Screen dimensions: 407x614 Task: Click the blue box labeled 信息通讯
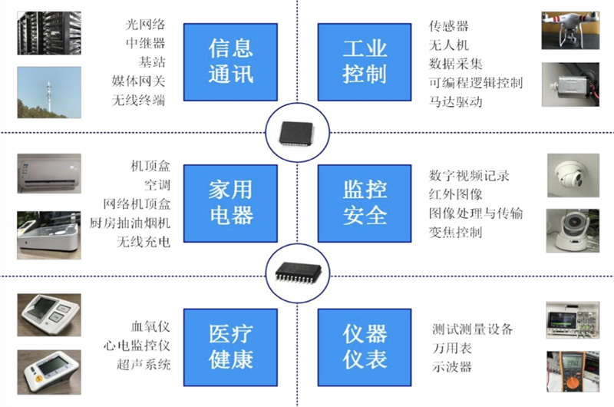231,61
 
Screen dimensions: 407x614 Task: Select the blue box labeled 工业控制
365,61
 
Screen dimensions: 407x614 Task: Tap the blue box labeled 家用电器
231,202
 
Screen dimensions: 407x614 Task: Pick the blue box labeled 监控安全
365,202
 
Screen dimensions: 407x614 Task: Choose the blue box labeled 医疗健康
231,346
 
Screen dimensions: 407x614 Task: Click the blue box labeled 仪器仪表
365,346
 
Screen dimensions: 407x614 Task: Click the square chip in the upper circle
297,130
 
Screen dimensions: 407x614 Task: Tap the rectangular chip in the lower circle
297,270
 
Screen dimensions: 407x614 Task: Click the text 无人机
448,45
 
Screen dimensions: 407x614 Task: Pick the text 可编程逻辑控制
476,81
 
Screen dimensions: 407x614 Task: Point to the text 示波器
451,366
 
